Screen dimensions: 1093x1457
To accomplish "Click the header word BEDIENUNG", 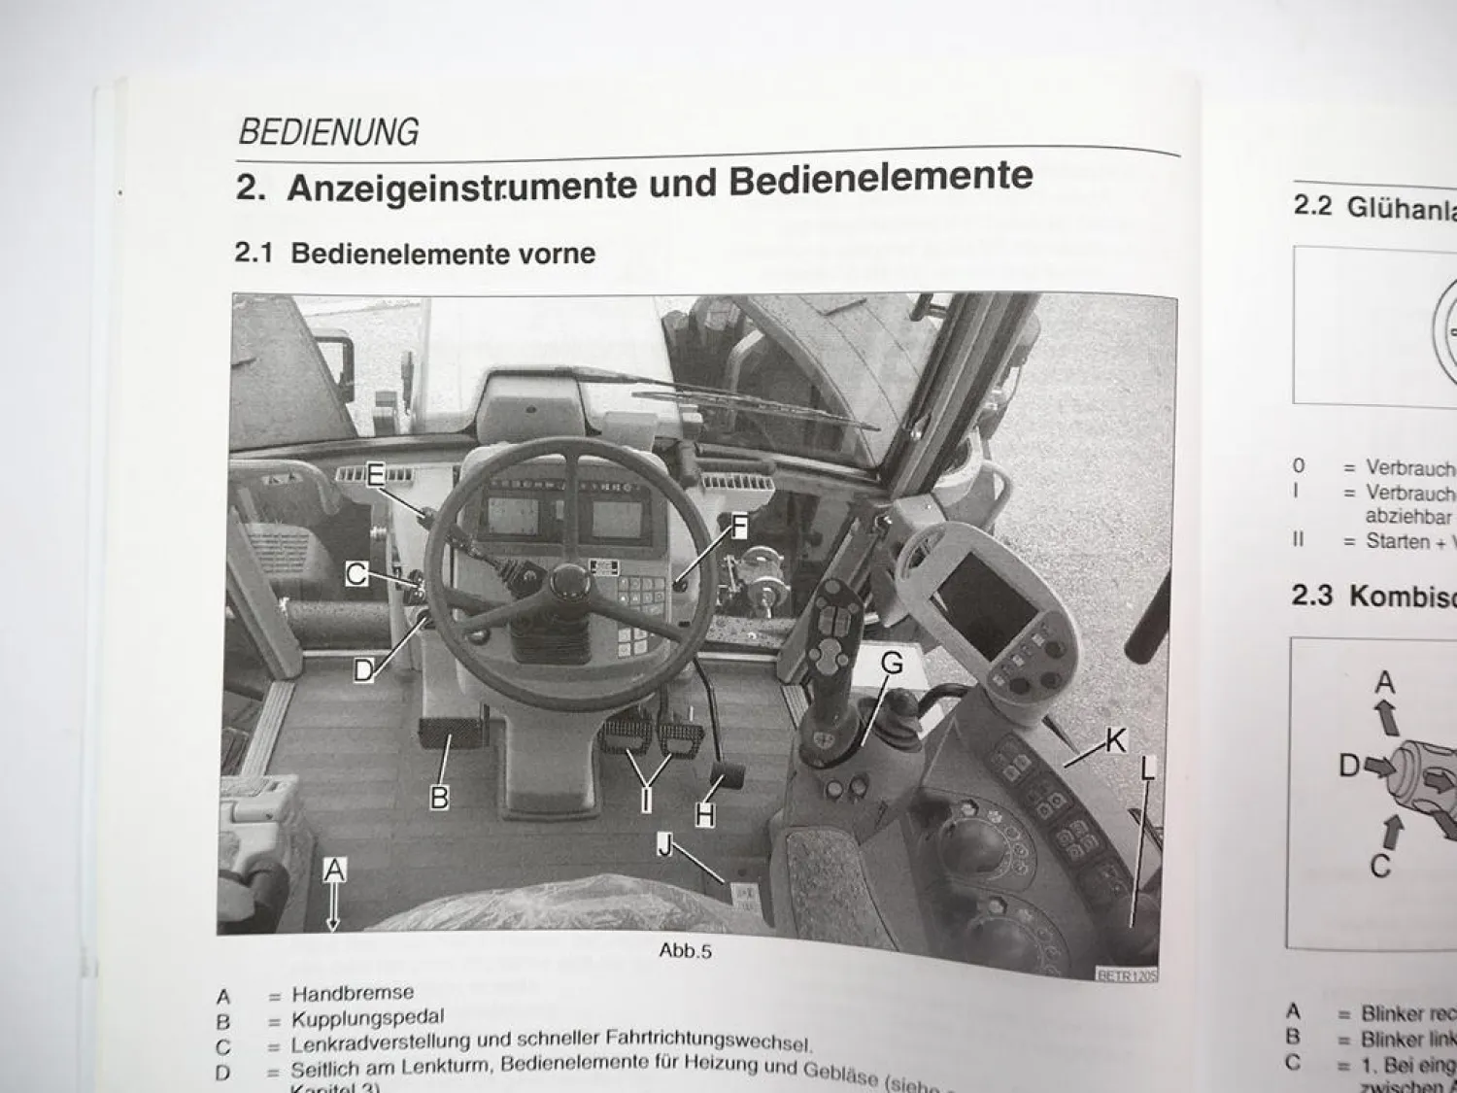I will tap(328, 131).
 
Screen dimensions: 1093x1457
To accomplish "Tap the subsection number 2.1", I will tap(254, 254).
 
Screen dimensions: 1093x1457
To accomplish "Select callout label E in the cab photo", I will tap(376, 475).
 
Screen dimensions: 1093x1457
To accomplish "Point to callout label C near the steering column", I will tap(356, 574).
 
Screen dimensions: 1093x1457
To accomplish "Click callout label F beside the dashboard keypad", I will tap(740, 527).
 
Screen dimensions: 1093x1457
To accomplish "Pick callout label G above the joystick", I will tap(891, 664).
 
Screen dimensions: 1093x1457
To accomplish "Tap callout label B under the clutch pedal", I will tap(439, 798).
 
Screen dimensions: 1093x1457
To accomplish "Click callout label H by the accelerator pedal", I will tap(705, 814).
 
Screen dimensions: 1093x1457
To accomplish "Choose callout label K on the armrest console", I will tap(1116, 740).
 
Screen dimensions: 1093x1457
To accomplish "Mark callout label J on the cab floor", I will tap(665, 844).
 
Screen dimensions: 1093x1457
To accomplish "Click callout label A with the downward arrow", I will tap(334, 871).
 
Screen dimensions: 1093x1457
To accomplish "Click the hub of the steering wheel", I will tap(568, 583).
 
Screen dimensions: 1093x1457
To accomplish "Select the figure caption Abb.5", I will tap(685, 950).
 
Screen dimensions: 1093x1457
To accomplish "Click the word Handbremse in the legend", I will tap(353, 993).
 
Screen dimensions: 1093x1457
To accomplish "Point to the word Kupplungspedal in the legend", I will tap(368, 1018).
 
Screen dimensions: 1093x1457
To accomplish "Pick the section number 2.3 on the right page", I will tap(1311, 595).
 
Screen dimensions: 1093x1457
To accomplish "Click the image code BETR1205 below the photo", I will tap(1127, 974).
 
